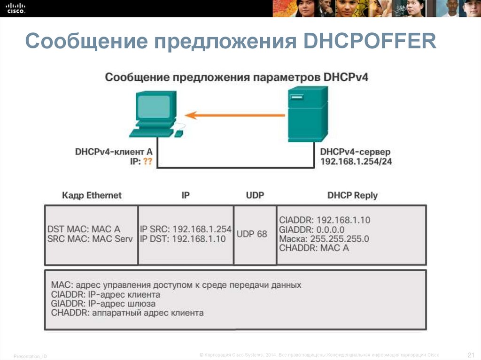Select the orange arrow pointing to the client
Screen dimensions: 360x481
(x=235, y=115)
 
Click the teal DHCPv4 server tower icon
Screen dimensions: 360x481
(x=307, y=114)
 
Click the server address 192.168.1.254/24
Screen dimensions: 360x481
(x=356, y=162)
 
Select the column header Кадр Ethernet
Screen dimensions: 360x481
(x=92, y=195)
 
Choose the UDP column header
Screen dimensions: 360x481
(x=255, y=195)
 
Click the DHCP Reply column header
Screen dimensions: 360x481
(x=352, y=195)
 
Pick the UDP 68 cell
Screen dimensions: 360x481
(x=252, y=234)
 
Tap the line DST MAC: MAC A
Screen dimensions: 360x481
(x=84, y=229)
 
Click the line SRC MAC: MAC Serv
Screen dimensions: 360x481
(x=90, y=239)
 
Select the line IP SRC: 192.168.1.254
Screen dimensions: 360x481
(x=186, y=229)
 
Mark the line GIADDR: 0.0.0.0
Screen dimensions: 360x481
(x=312, y=229)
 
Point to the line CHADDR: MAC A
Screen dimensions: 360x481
(x=314, y=248)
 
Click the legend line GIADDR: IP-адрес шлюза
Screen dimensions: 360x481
(x=103, y=304)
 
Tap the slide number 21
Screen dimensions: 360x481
(x=472, y=354)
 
